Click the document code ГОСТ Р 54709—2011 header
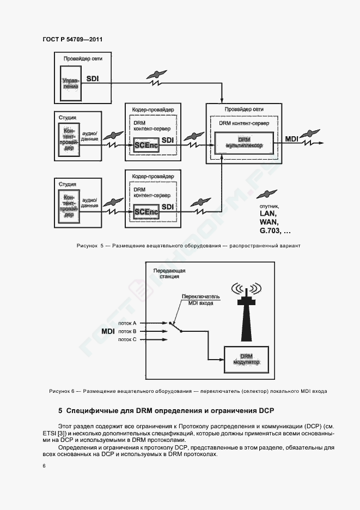[72, 39]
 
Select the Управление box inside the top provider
[71, 83]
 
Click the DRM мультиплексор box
[244, 143]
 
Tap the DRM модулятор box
[247, 360]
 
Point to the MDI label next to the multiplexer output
[292, 139]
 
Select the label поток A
[127, 323]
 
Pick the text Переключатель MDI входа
[200, 300]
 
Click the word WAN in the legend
[269, 222]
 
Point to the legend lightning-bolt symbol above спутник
[267, 194]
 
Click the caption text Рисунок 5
[90, 246]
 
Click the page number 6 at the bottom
[44, 466]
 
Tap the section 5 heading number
[60, 411]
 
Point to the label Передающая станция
[169, 274]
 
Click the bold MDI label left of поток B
[108, 331]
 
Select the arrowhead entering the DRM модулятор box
[222, 360]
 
